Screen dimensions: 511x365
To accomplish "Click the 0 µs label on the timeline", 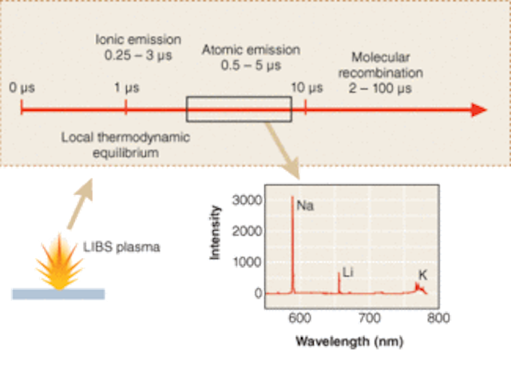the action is click(22, 88).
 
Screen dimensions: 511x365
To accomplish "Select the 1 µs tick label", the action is click(126, 88).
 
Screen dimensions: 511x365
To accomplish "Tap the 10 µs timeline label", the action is click(307, 88).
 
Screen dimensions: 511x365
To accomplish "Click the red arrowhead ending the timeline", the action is click(479, 110).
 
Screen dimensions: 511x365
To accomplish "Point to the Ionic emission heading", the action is click(138, 39).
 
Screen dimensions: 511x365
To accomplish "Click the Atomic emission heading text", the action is click(251, 50).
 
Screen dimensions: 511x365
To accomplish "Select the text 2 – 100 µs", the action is click(380, 89).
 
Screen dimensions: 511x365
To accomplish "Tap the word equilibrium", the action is click(126, 153).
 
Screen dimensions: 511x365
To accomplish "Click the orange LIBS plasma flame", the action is click(59, 262).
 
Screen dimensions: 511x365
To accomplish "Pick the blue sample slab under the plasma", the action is click(58, 294).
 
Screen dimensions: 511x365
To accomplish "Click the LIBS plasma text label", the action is click(121, 247).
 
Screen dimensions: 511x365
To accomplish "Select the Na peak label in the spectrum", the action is click(305, 205).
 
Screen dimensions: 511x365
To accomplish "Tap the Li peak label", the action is click(348, 272).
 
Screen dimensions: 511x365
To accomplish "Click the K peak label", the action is click(422, 276).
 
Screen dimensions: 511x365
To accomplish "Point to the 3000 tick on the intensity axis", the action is click(247, 200).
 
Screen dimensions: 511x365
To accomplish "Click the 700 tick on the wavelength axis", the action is click(370, 318).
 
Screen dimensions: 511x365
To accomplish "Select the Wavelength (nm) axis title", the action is click(350, 342).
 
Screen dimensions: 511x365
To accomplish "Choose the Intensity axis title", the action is click(215, 232).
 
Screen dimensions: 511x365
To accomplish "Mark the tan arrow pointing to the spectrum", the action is click(282, 151).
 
